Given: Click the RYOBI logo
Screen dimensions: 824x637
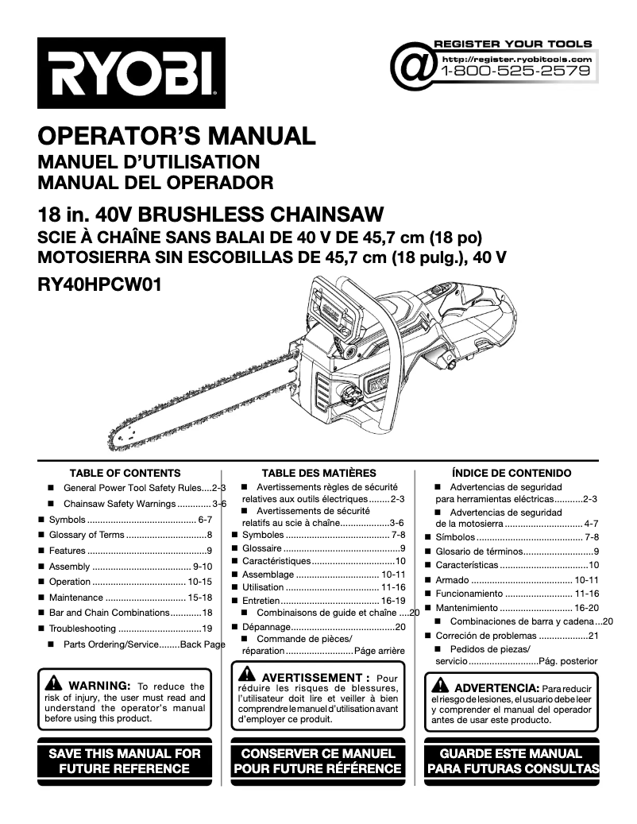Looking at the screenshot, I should pyautogui.click(x=131, y=73).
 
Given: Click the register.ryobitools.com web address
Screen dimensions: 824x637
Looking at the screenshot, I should pyautogui.click(x=516, y=59).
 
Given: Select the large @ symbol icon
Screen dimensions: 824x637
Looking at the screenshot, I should pyautogui.click(x=413, y=65).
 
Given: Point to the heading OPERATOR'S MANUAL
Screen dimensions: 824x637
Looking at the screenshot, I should pyautogui.click(x=176, y=136).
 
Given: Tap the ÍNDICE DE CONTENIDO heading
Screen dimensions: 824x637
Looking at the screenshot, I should pyautogui.click(x=512, y=473).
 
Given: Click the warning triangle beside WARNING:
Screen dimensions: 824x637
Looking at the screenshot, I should pyautogui.click(x=53, y=683).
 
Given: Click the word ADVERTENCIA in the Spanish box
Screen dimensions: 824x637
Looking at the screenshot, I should pyautogui.click(x=496, y=687).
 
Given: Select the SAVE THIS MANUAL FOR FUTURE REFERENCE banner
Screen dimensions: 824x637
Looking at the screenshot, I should pyautogui.click(x=125, y=760).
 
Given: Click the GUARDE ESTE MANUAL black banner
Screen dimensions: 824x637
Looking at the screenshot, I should pyautogui.click(x=512, y=760).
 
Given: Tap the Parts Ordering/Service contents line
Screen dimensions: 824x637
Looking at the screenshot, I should pyautogui.click(x=144, y=644).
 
